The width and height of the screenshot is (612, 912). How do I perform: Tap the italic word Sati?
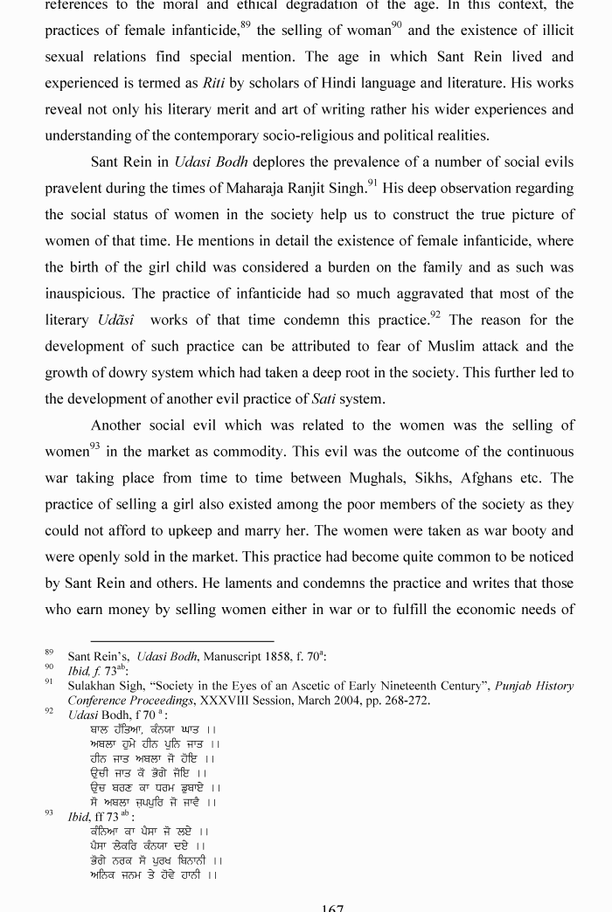[324, 399]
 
